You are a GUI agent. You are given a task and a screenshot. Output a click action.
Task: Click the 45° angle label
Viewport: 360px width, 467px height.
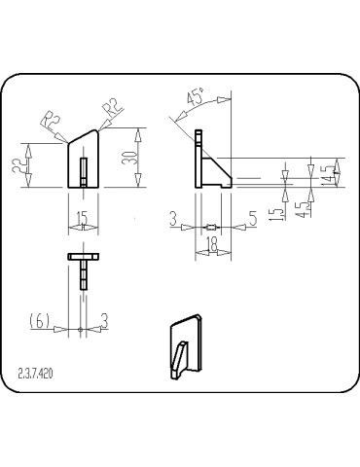click(196, 99)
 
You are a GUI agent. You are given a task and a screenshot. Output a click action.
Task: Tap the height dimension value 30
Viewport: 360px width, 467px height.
click(128, 159)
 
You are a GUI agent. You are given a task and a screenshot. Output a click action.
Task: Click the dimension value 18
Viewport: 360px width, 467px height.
click(211, 247)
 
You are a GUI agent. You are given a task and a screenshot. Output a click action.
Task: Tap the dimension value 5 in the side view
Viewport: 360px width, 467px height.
click(252, 221)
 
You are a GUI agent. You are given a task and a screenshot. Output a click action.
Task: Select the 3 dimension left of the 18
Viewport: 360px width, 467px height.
click(172, 221)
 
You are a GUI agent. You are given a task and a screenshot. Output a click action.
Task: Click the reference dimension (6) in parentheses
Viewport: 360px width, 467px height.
click(40, 319)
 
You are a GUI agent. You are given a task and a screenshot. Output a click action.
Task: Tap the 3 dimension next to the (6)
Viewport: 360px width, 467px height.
click(104, 319)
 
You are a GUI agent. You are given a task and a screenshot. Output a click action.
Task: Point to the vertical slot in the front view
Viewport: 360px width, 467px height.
click(84, 170)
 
